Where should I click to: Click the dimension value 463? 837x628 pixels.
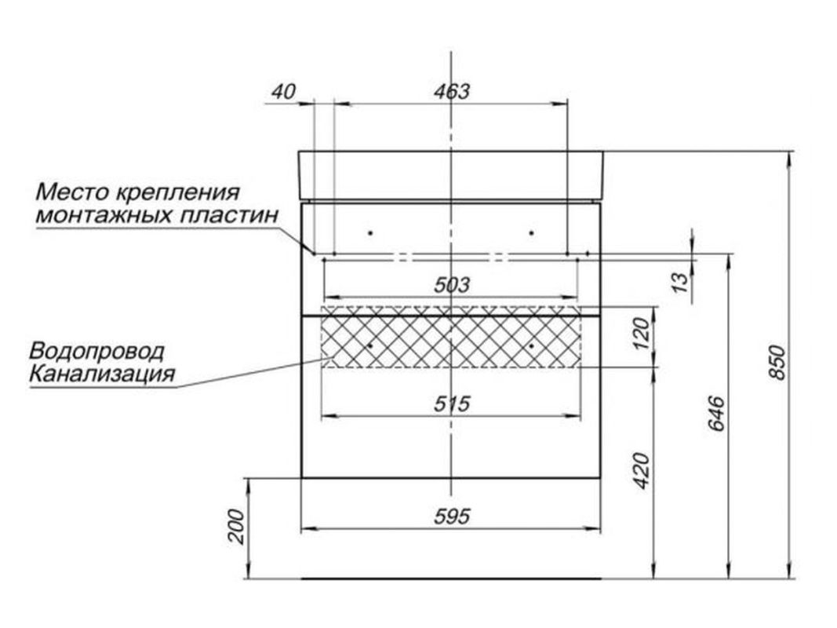click(452, 91)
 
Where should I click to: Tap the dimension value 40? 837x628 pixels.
click(283, 91)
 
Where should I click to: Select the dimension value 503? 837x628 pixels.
click(452, 285)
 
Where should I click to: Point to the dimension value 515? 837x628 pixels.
click(452, 403)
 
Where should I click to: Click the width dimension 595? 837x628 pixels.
click(452, 517)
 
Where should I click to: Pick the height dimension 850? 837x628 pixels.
click(777, 363)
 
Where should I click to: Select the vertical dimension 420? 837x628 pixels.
click(642, 470)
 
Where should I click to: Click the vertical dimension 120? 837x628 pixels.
click(642, 334)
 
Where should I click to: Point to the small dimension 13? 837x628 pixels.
click(680, 282)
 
